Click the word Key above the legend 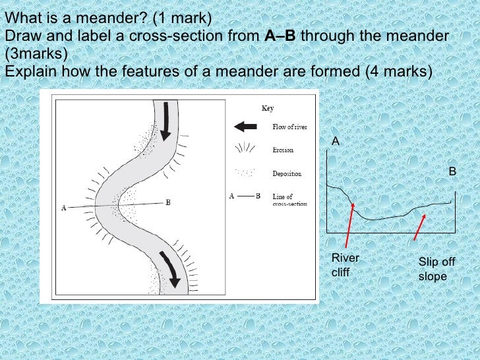pyautogui.click(x=268, y=108)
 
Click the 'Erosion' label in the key pyautogui.click(x=283, y=150)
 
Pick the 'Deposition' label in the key pyautogui.click(x=287, y=174)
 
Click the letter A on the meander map pyautogui.click(x=63, y=208)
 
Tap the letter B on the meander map pyautogui.click(x=169, y=202)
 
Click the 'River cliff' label pyautogui.click(x=345, y=265)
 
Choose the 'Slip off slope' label pyautogui.click(x=436, y=269)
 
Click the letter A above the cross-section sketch pyautogui.click(x=335, y=142)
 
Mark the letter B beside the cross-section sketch pyautogui.click(x=452, y=171)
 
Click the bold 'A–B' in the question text pyautogui.click(x=280, y=36)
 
